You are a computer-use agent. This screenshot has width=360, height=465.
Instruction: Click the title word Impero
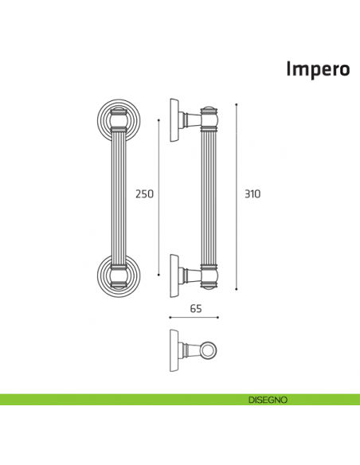click(318, 69)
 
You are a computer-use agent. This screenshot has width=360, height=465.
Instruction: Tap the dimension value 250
click(144, 193)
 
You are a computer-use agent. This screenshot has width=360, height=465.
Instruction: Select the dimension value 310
click(252, 193)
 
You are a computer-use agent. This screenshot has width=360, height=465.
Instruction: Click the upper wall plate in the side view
click(174, 121)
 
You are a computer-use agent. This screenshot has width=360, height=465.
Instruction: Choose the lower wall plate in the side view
click(174, 276)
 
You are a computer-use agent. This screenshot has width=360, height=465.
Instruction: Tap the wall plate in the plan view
click(174, 349)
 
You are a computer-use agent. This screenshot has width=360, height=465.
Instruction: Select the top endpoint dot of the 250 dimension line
click(159, 121)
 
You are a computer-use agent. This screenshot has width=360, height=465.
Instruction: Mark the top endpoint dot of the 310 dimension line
click(237, 104)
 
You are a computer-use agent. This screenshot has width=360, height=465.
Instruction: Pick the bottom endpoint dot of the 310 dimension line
click(237, 290)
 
